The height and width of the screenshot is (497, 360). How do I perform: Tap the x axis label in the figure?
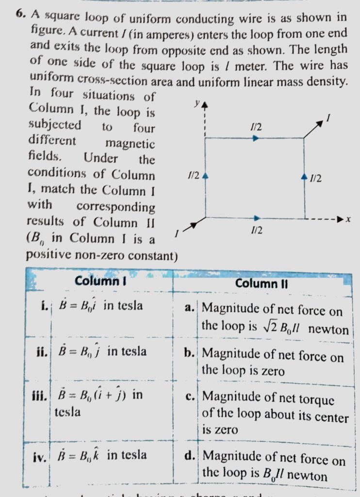(x=348, y=220)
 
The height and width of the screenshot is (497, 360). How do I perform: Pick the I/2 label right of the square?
(x=316, y=179)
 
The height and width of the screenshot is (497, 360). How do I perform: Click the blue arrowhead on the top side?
(x=256, y=138)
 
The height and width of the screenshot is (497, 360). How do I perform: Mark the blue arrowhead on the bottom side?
(x=257, y=217)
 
